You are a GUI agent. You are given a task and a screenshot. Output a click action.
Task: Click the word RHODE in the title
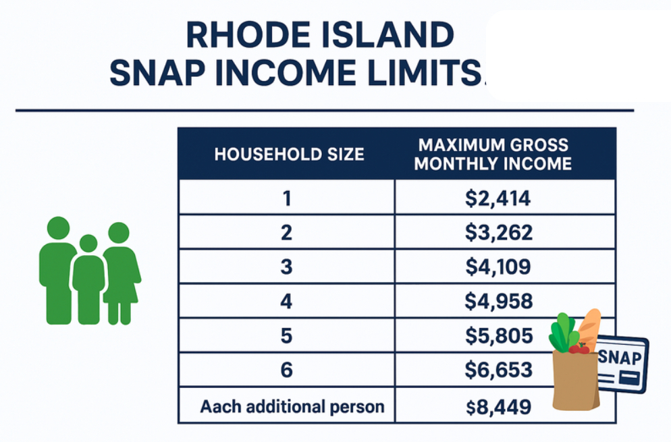click(248, 34)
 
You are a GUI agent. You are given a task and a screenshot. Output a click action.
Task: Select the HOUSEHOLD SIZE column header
click(290, 154)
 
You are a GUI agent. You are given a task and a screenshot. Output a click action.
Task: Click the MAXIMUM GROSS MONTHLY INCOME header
click(493, 155)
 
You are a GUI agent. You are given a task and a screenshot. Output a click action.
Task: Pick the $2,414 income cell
click(498, 198)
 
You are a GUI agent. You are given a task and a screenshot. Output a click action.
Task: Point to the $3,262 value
click(499, 232)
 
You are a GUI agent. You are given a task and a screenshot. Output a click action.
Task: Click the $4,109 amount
click(498, 267)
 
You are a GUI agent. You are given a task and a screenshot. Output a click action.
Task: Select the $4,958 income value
click(499, 301)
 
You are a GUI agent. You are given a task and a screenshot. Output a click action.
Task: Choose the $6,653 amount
click(499, 370)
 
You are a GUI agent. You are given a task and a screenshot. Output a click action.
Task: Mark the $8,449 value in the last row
click(499, 407)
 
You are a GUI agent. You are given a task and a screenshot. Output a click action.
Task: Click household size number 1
click(287, 198)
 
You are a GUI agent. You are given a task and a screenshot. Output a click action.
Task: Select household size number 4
click(286, 301)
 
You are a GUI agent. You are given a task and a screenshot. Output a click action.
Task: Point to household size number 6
click(286, 370)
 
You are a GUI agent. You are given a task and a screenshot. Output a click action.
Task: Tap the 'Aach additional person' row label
click(292, 406)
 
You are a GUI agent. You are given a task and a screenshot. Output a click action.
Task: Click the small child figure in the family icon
click(88, 279)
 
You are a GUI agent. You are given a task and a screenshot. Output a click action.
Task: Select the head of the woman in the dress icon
click(119, 232)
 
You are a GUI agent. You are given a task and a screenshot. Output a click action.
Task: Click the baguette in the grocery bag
click(589, 327)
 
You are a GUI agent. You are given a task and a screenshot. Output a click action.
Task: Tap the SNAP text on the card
click(620, 356)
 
